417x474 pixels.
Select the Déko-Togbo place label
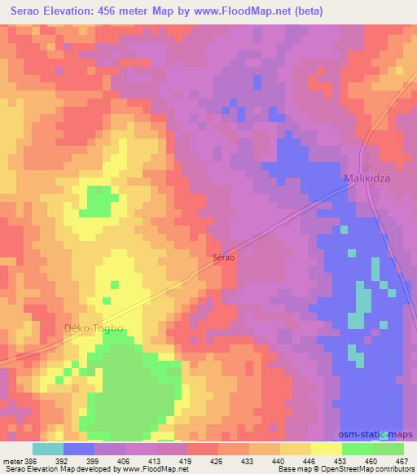pyautogui.click(x=93, y=328)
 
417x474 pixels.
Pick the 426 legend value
pyautogui.click(x=217, y=461)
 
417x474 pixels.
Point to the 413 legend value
pyautogui.click(x=156, y=461)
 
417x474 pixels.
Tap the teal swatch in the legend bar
pyautogui.click(x=48, y=449)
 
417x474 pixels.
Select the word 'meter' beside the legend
pyautogui.click(x=13, y=461)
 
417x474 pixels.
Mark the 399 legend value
pyautogui.click(x=94, y=461)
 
